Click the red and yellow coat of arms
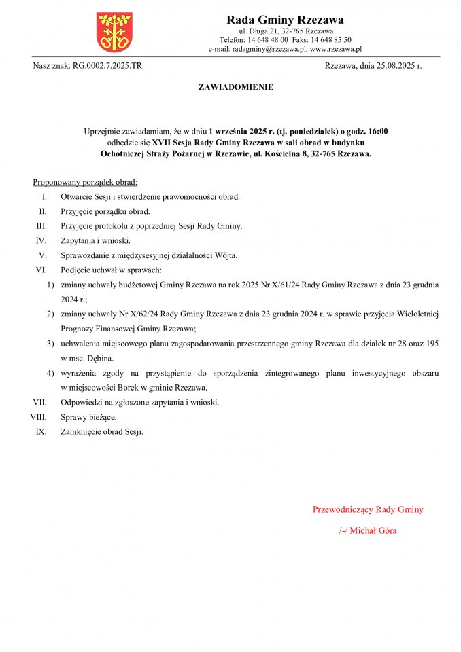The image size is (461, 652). pos(114,31)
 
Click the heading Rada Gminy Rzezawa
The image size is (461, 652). pos(285,20)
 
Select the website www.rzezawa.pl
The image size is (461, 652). pos(335,49)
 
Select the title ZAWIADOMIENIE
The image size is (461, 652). pos(235,87)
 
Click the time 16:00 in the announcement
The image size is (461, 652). pos(378,130)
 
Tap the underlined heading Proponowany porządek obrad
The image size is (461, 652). pos(85,183)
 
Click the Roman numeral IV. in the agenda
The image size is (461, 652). pos(41,240)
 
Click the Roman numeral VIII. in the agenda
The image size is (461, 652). pos(38,416)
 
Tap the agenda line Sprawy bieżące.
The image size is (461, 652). pos(88,416)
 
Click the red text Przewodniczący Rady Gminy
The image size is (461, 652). pos(367,509)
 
